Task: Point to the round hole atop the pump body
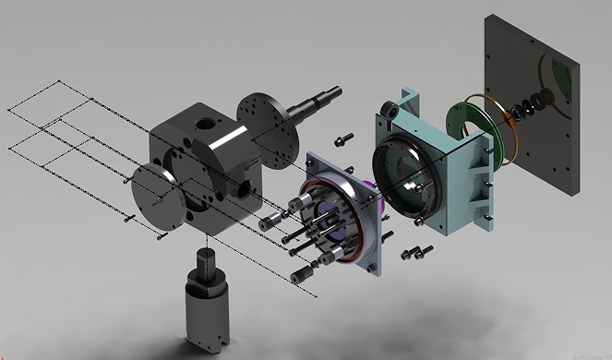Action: click(x=204, y=122)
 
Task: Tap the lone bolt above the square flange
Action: click(x=342, y=139)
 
